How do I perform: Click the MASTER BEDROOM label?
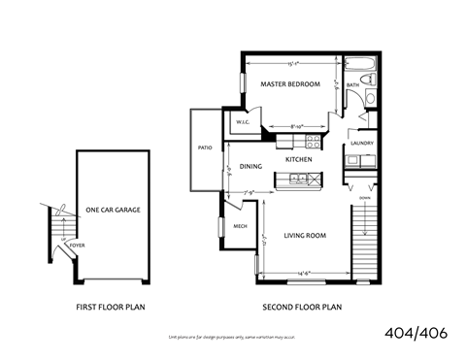click(x=290, y=84)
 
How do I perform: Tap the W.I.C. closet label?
click(x=244, y=122)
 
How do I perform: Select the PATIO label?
click(x=205, y=148)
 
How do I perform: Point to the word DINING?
click(x=251, y=167)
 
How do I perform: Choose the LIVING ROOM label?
click(x=304, y=236)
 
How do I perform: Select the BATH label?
click(x=353, y=85)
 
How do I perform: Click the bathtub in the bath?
click(x=360, y=68)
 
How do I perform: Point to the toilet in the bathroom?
click(x=370, y=96)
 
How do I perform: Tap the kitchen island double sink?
click(x=298, y=179)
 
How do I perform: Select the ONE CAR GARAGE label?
click(x=112, y=211)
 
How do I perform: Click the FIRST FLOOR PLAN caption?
click(x=112, y=308)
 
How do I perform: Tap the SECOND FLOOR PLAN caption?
click(x=303, y=308)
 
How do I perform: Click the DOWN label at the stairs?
click(x=363, y=197)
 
